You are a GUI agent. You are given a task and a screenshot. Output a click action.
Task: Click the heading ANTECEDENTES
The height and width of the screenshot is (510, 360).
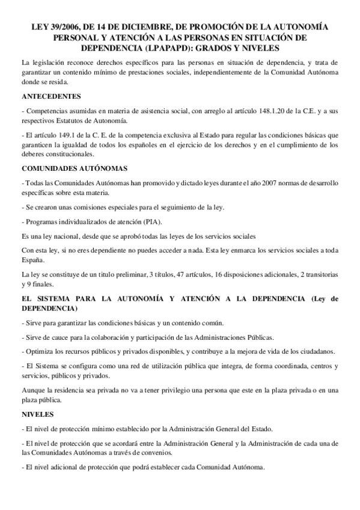pos(52,96)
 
